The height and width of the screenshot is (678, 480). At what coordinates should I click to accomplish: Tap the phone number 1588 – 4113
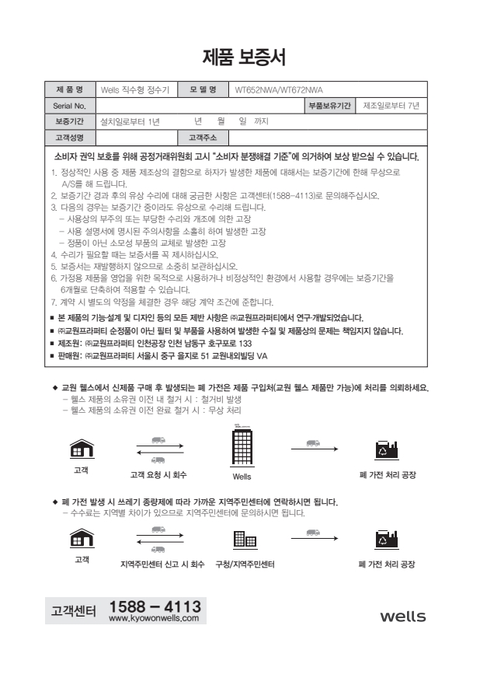tap(155, 605)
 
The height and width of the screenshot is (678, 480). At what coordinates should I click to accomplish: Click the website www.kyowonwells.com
tap(154, 619)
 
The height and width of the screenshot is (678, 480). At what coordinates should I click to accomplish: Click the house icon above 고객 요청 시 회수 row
tap(80, 449)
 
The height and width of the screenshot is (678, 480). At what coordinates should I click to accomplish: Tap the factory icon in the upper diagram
tap(386, 449)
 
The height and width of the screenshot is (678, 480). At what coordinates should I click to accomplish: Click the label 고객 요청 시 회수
tap(158, 474)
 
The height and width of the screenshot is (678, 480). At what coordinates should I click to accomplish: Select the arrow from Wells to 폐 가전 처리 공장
tap(315, 449)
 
